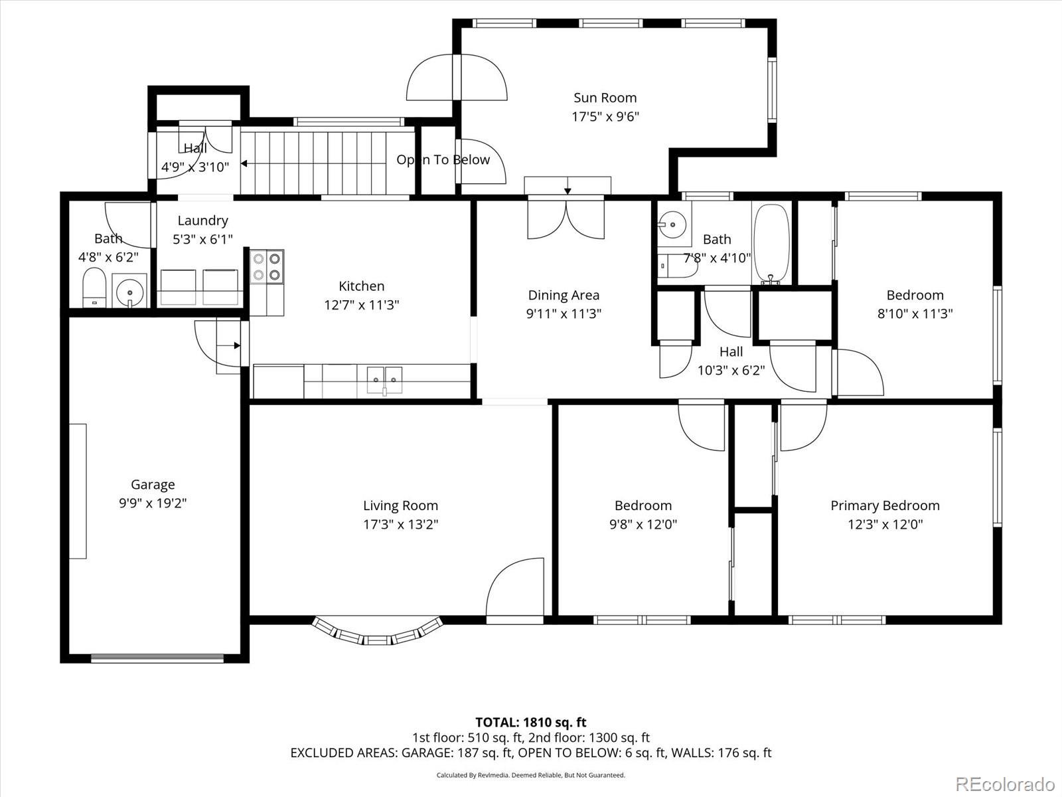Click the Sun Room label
coord(605,98)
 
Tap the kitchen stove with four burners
coord(267,266)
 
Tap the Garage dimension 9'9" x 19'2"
coord(153,503)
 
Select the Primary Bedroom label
coord(885,505)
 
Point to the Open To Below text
coord(443,159)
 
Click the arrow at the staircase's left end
coord(244,163)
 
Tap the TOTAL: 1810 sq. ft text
coord(530,722)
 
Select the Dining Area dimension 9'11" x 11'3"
coord(564,313)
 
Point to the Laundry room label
coord(202,221)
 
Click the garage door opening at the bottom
coord(157,659)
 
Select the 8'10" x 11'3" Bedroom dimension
coord(915,313)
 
